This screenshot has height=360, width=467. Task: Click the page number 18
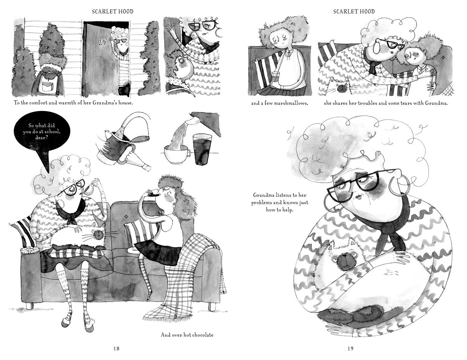point(116,348)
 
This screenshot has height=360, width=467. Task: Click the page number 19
point(350,348)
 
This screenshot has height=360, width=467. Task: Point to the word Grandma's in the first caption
point(104,103)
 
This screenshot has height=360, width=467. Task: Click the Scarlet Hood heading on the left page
point(113,12)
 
